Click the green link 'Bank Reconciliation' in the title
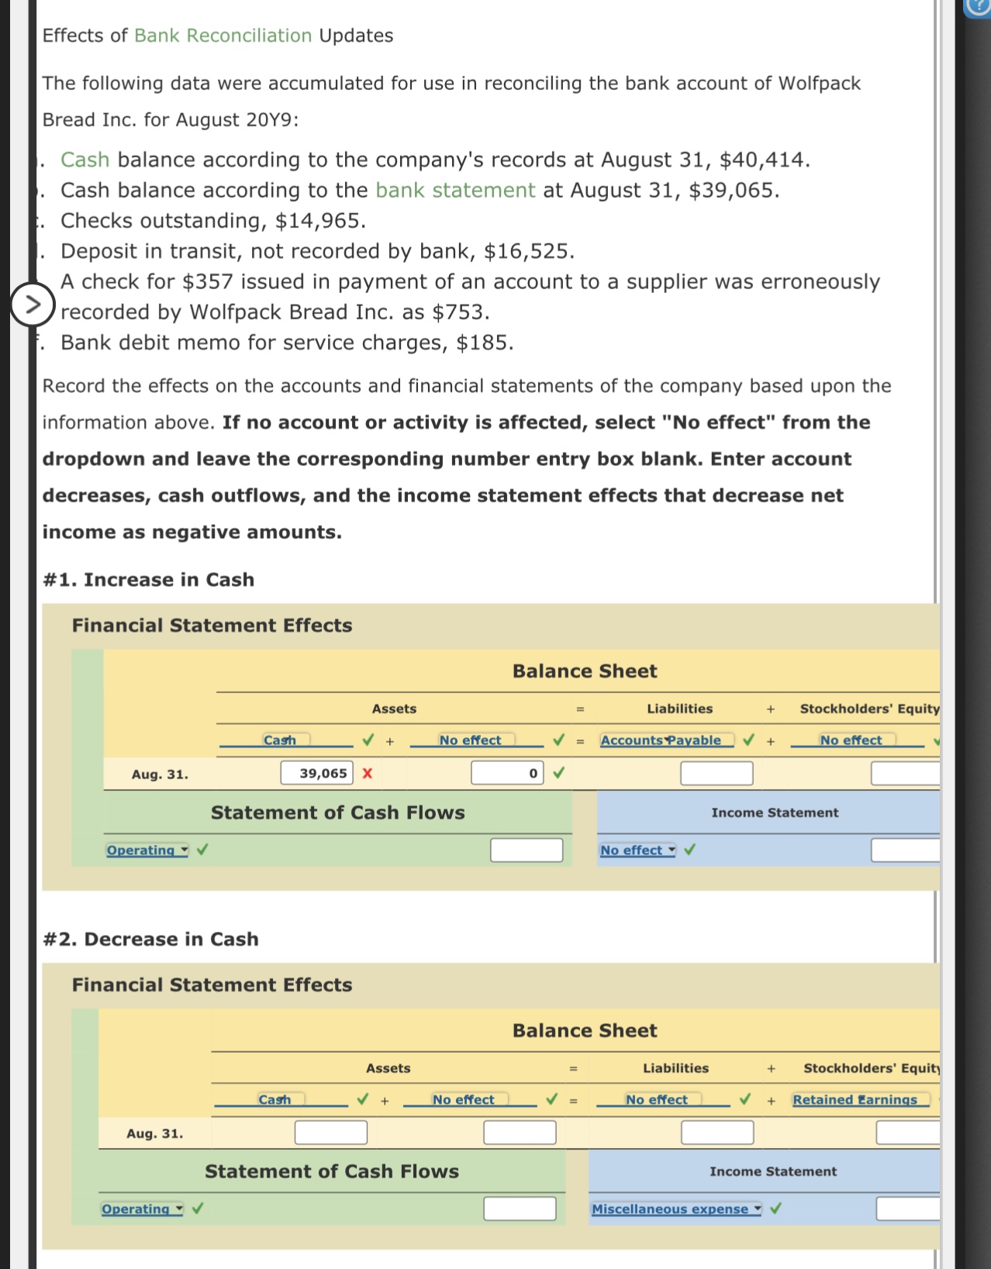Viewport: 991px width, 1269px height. coord(223,36)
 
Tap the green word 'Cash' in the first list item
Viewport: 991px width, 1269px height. coord(85,160)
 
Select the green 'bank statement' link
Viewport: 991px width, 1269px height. coord(455,190)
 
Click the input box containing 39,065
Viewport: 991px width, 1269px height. coord(316,773)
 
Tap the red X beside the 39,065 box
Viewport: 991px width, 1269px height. coord(368,773)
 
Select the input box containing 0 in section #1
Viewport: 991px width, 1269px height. coord(506,773)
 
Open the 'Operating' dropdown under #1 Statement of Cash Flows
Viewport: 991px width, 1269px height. coord(147,850)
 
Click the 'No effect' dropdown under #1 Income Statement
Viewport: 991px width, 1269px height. coord(637,850)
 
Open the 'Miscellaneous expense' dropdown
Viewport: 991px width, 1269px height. coord(675,1209)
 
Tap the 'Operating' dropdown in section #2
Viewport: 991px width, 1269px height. coord(142,1209)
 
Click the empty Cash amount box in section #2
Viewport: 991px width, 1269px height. coord(330,1133)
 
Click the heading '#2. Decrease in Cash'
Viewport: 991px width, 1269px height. coord(150,939)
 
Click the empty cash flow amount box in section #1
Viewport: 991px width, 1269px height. coord(527,850)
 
